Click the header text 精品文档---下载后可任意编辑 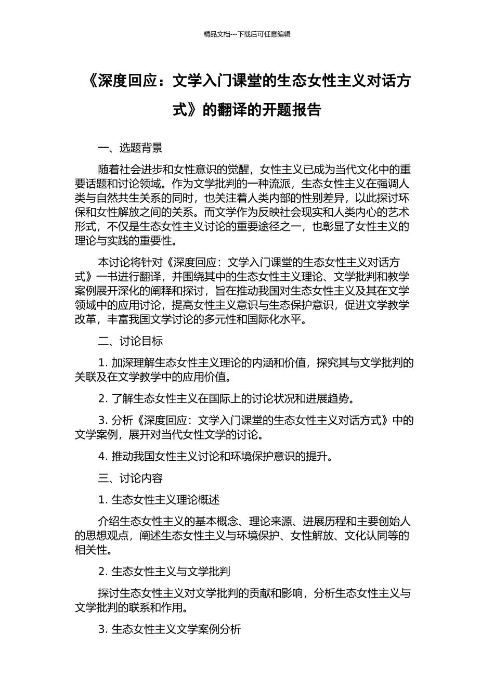point(247,34)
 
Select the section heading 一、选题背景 point(130,148)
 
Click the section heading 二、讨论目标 point(130,341)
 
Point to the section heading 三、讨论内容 point(130,478)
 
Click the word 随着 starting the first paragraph point(109,170)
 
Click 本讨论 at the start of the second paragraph point(114,263)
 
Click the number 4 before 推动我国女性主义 point(102,457)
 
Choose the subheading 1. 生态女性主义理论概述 point(159,500)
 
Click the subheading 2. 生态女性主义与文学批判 point(164,572)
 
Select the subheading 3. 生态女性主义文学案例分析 point(170,629)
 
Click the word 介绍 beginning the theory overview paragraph point(109,522)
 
